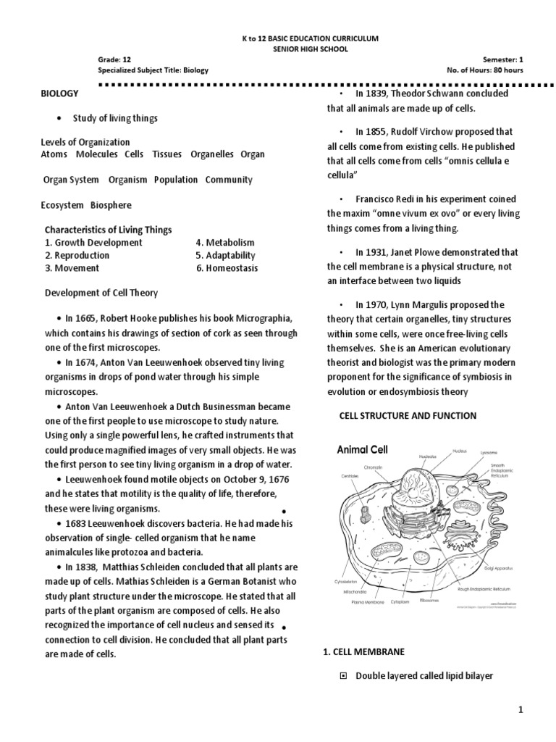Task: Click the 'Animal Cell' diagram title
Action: pyautogui.click(x=363, y=449)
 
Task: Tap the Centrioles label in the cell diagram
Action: pyautogui.click(x=350, y=476)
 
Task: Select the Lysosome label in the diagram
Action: pyautogui.click(x=490, y=451)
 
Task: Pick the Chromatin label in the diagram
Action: pyautogui.click(x=373, y=467)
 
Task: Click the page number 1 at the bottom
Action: pyautogui.click(x=521, y=712)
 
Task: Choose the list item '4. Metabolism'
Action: pyautogui.click(x=225, y=242)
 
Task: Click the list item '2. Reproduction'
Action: pyautogui.click(x=77, y=255)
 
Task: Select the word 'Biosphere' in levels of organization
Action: pyautogui.click(x=111, y=205)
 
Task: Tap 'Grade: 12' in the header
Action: pyautogui.click(x=115, y=58)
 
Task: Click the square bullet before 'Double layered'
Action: pyautogui.click(x=344, y=676)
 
